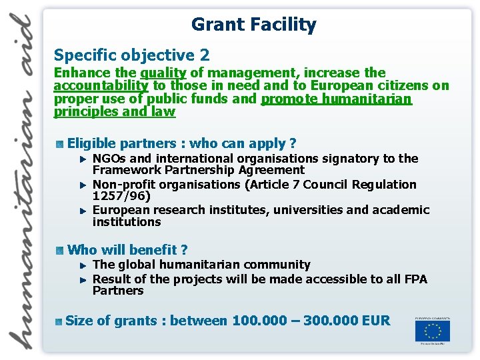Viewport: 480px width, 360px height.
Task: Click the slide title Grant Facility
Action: (x=253, y=25)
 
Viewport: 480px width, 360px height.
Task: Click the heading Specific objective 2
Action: (x=131, y=55)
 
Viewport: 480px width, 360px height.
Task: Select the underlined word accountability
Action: (x=101, y=85)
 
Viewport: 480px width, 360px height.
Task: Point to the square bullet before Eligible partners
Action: (x=60, y=143)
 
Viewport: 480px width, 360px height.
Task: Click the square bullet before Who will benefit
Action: (x=60, y=250)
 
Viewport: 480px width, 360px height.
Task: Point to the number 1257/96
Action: (x=121, y=197)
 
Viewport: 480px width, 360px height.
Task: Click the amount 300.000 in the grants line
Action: (x=330, y=321)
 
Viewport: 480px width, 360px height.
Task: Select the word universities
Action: (x=314, y=210)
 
